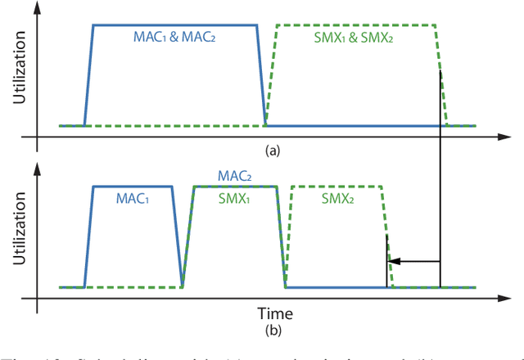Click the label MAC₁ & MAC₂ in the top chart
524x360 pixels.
pos(174,37)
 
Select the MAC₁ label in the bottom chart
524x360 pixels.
pos(133,200)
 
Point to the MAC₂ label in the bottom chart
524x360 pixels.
pos(234,176)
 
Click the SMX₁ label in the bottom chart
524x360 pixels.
pos(234,200)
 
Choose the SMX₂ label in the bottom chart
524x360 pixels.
pos(337,200)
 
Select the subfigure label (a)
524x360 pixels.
pos(272,151)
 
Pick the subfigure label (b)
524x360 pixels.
pos(272,332)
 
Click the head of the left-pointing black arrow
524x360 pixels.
pos(391,262)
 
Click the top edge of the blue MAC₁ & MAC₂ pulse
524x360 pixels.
pos(174,25)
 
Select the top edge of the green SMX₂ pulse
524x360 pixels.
pos(337,187)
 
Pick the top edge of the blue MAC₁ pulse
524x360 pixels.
pos(133,187)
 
